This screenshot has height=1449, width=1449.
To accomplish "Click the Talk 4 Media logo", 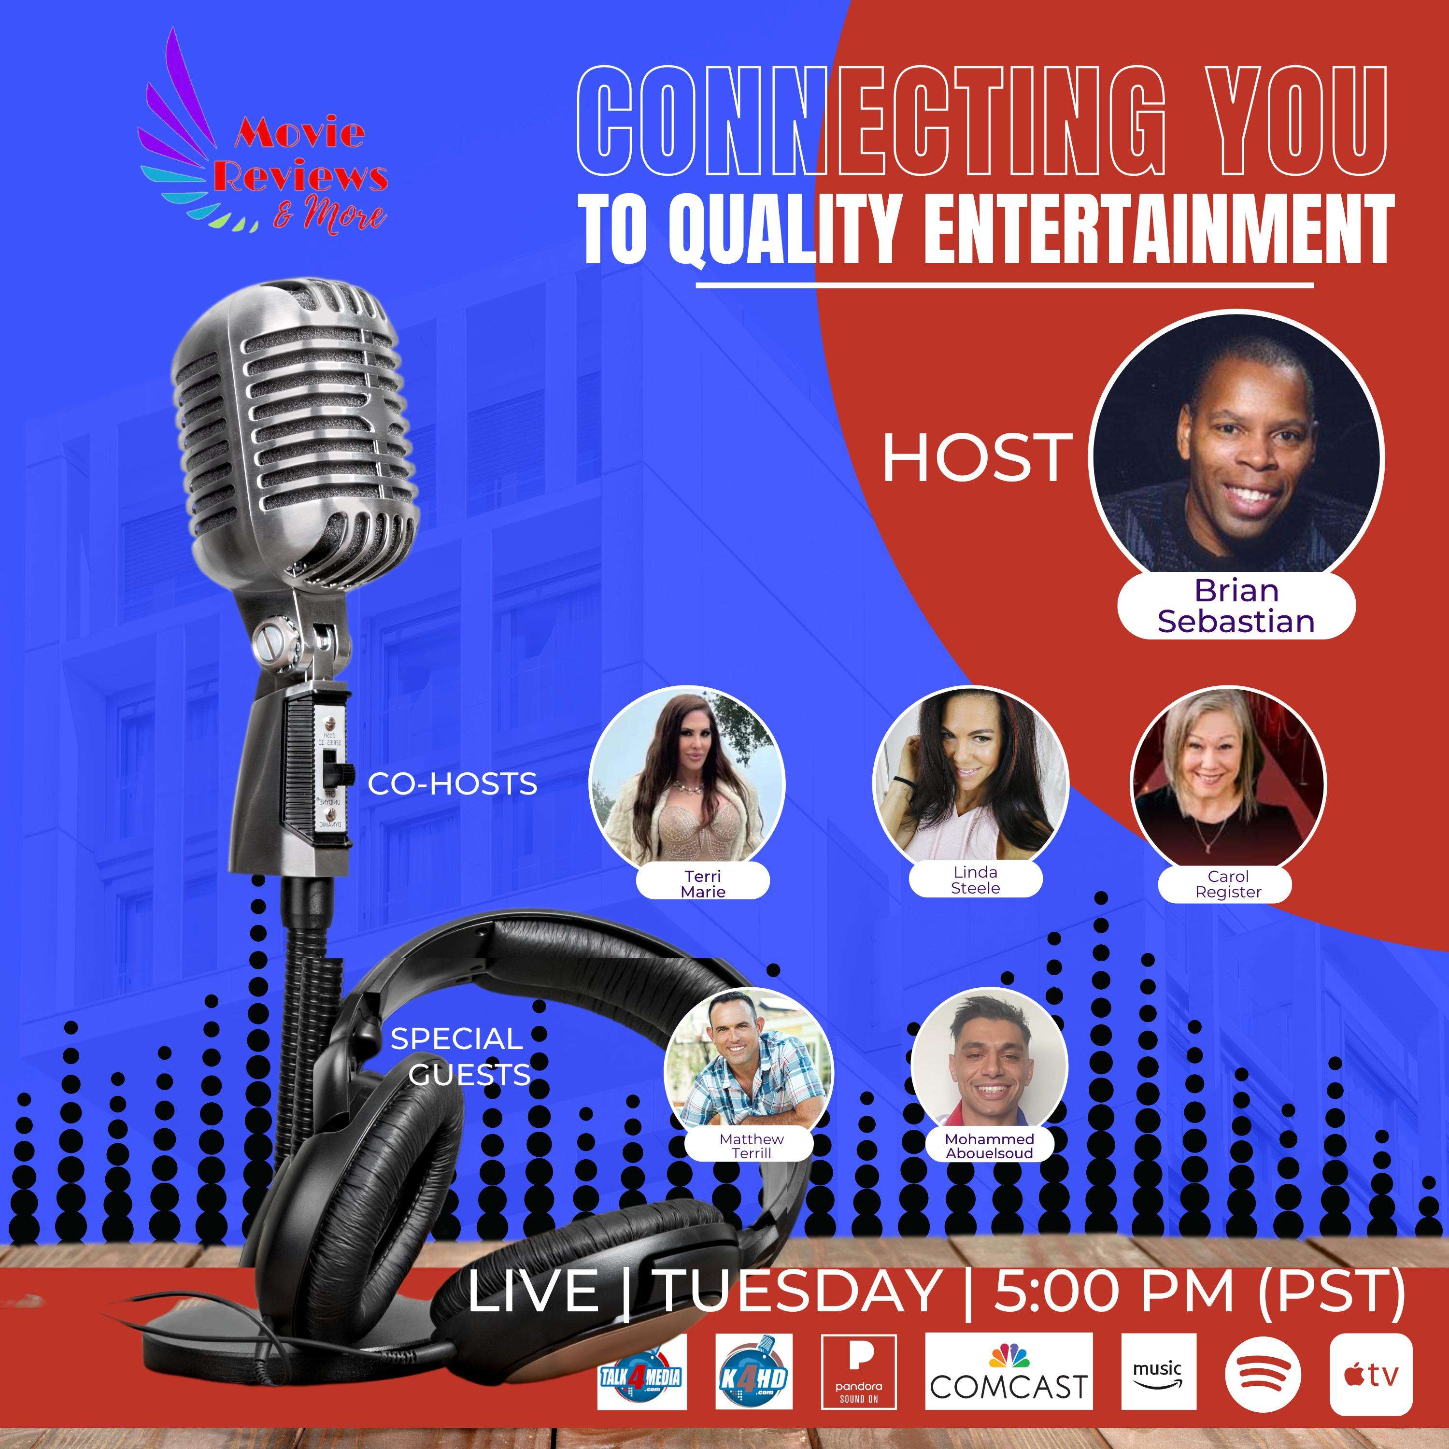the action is pos(642,1372).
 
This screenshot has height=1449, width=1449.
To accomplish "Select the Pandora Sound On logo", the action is pos(859,1372).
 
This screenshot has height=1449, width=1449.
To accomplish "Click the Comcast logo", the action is pos(1009,1372).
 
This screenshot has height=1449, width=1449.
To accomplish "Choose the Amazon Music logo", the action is pos(1159,1372).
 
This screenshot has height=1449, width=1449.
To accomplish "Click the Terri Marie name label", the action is pos(703,883).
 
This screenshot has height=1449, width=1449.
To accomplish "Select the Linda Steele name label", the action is pos(976,880).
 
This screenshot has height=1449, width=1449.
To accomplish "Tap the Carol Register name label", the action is pos(1228,884).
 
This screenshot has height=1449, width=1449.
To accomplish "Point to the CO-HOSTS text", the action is pos(452,784).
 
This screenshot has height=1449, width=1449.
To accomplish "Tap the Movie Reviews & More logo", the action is pos(262,135).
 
